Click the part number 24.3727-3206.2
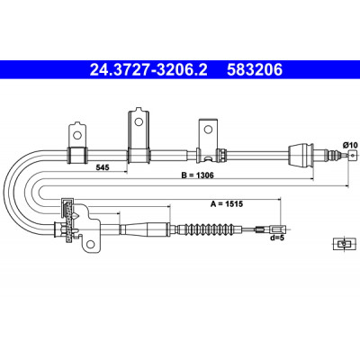[148, 69]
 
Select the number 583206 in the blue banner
[255, 69]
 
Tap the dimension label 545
[103, 167]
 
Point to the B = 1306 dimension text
[197, 175]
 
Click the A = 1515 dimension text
[227, 204]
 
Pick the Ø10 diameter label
[350, 145]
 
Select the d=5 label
[276, 238]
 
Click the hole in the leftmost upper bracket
[77, 135]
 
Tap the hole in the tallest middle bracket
[139, 121]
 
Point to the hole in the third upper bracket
[208, 130]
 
